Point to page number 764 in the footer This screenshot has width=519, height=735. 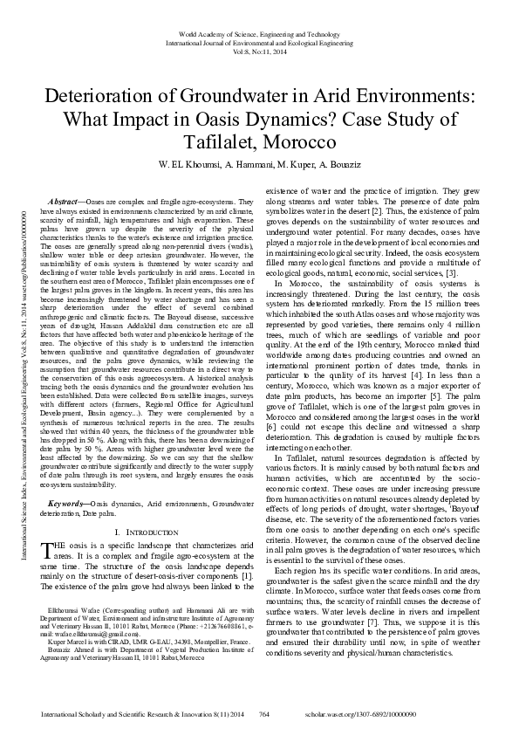[x=263, y=714]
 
